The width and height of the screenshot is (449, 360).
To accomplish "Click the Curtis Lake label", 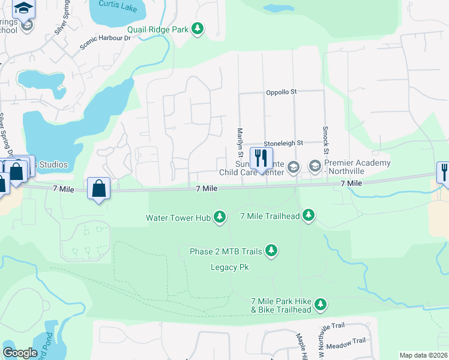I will (x=118, y=5).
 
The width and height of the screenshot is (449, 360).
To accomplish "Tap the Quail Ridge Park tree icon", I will (x=197, y=29).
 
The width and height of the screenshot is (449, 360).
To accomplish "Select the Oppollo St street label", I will (x=282, y=92).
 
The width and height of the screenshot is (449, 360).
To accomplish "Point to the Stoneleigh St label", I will (x=283, y=143).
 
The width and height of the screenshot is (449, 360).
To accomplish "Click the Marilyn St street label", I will (x=240, y=142).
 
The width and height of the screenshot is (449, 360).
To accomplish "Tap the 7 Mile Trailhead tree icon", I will (x=309, y=215).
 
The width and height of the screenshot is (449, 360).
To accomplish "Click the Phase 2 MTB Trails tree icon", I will (x=271, y=250).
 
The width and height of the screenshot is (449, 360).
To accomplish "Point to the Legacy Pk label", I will (x=229, y=267).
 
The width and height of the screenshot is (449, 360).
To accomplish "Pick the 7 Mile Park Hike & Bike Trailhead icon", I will (x=321, y=305).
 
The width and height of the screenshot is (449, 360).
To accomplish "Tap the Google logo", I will (x=20, y=353).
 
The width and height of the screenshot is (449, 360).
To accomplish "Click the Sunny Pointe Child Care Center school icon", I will (x=294, y=167).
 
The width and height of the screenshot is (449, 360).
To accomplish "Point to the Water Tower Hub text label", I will (x=178, y=217).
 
